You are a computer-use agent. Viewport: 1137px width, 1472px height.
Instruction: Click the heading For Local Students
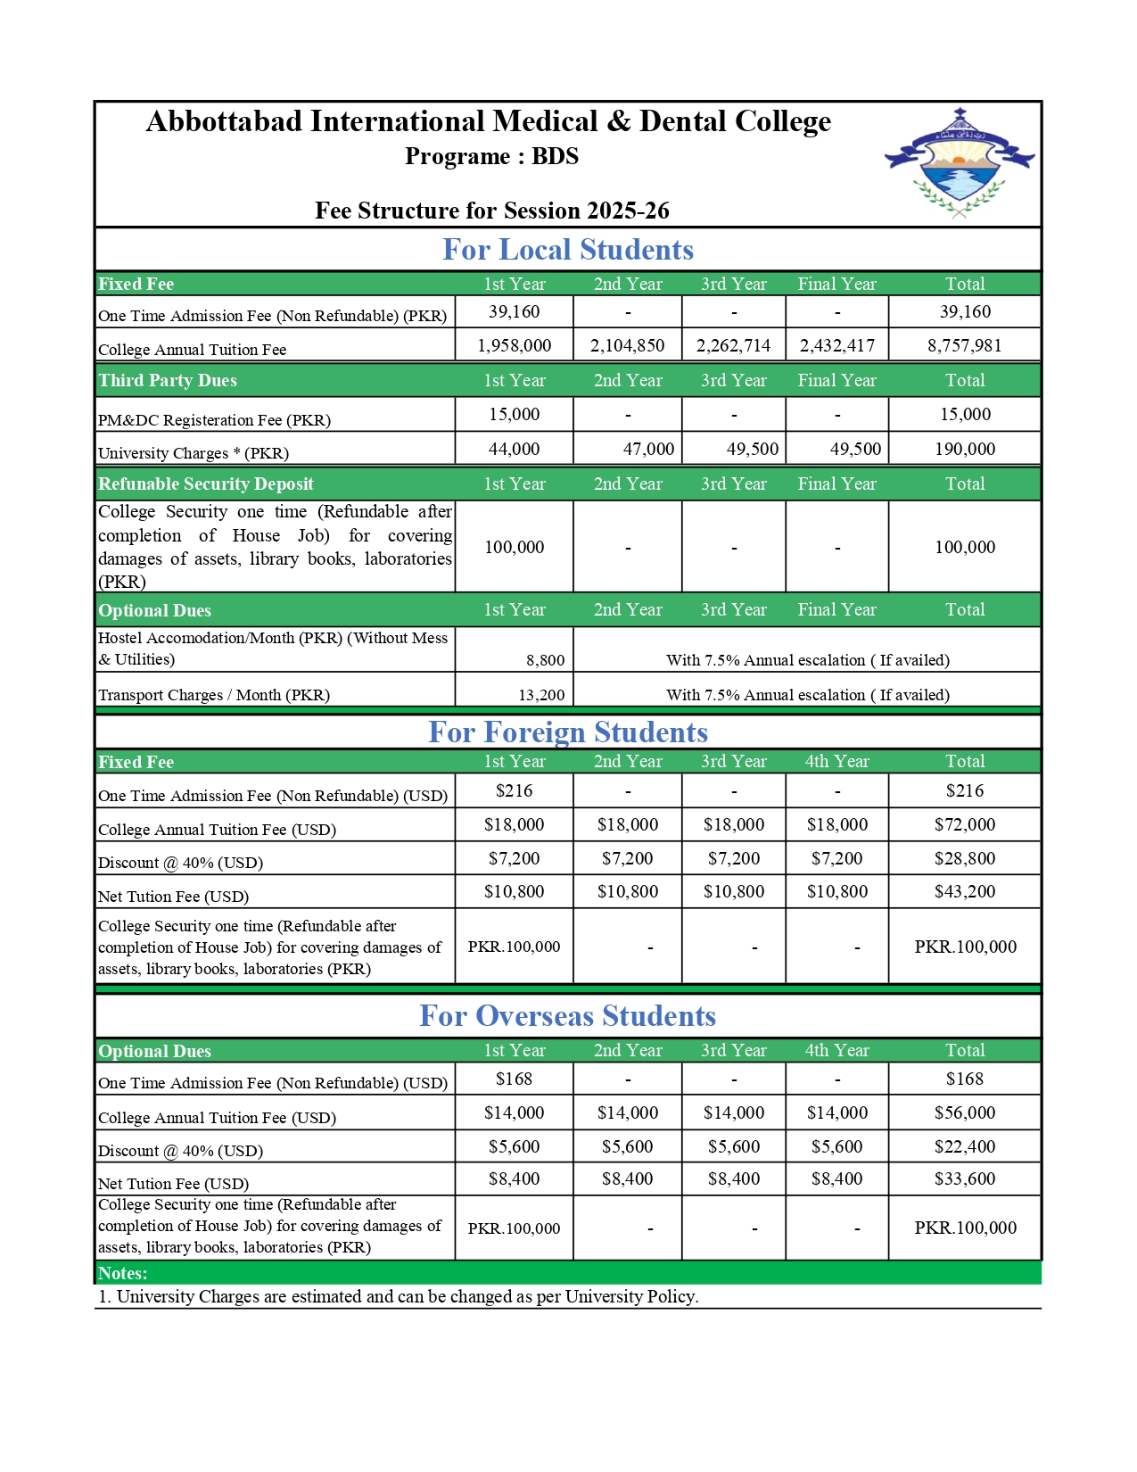567,250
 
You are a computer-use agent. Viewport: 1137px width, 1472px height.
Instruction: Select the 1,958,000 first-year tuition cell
514,345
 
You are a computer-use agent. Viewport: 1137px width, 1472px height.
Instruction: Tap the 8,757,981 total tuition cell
964,345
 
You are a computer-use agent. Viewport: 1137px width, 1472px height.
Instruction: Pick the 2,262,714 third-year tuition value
733,345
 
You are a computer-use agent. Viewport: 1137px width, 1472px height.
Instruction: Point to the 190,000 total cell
964,449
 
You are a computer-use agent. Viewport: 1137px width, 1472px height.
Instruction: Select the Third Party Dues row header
168,381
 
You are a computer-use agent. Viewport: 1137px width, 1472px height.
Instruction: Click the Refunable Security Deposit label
206,484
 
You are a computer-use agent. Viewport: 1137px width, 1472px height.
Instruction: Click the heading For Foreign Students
567,732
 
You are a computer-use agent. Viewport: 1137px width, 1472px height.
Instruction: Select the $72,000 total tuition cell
964,825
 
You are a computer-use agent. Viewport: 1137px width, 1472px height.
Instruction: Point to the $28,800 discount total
964,859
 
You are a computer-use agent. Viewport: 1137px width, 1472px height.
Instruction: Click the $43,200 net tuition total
964,892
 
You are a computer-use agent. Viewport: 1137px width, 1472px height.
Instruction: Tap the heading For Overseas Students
567,1016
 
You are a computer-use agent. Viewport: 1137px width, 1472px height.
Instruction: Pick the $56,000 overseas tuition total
964,1113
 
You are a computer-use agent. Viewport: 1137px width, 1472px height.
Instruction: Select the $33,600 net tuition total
964,1179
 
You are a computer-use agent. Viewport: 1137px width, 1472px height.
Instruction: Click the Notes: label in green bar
123,1274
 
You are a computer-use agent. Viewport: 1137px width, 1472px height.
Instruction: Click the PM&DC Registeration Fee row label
214,420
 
